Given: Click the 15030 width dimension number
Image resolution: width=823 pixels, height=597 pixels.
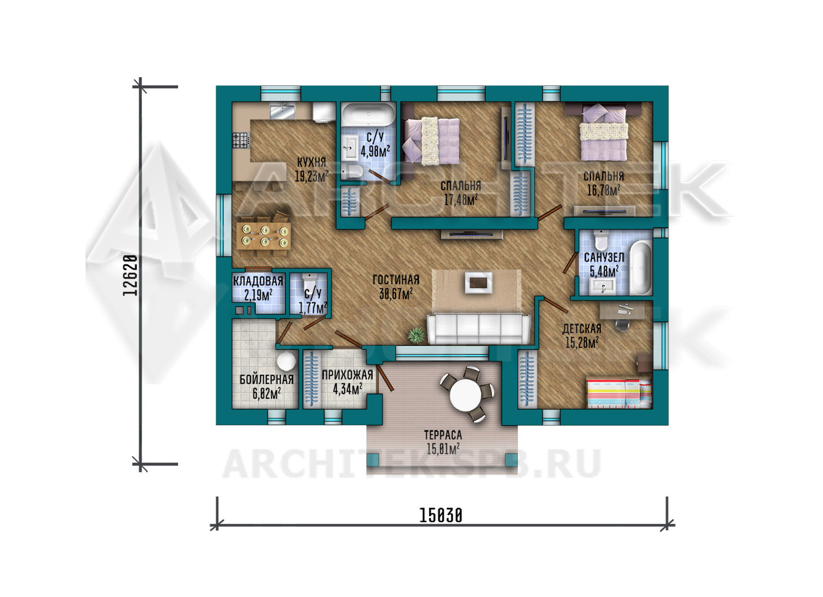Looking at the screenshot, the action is [440, 515].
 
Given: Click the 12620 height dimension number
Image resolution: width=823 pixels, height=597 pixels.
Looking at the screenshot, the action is [131, 275].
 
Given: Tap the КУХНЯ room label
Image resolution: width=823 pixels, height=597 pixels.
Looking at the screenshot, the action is [312, 162].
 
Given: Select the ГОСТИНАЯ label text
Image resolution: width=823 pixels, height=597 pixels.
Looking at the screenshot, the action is [396, 280].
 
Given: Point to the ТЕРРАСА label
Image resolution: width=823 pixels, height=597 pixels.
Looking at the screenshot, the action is [443, 435].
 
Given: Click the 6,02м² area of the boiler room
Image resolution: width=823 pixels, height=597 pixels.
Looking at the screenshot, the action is [266, 393].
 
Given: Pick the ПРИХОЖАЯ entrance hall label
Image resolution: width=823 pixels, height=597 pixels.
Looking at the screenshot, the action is [347, 375].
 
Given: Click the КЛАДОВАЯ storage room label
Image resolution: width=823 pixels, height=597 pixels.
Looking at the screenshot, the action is [258, 281].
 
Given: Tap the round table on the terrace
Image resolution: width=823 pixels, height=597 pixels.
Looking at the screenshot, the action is [466, 395].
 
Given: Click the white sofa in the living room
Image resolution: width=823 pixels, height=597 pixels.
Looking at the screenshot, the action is [479, 329].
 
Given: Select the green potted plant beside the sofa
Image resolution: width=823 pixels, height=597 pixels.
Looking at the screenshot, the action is [417, 335].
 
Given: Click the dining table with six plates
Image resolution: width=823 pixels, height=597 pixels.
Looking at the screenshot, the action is [264, 236].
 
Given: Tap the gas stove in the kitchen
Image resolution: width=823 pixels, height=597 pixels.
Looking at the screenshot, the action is [242, 140].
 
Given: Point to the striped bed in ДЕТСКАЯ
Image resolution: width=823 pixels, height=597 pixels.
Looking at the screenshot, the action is [620, 393].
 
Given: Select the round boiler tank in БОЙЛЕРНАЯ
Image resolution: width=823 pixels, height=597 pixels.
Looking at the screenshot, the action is [286, 361].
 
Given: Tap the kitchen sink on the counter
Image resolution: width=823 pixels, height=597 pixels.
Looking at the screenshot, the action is [282, 111].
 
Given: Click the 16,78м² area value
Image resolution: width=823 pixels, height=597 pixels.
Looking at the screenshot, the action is [604, 191].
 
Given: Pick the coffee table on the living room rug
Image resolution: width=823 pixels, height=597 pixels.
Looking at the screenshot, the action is [479, 283].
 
